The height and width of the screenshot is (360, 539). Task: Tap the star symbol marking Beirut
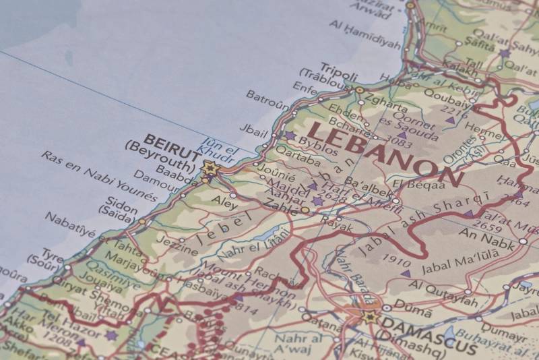[209, 169]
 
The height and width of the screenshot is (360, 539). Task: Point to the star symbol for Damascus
[370, 316]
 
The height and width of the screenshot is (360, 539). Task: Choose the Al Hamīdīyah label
[364, 34]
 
